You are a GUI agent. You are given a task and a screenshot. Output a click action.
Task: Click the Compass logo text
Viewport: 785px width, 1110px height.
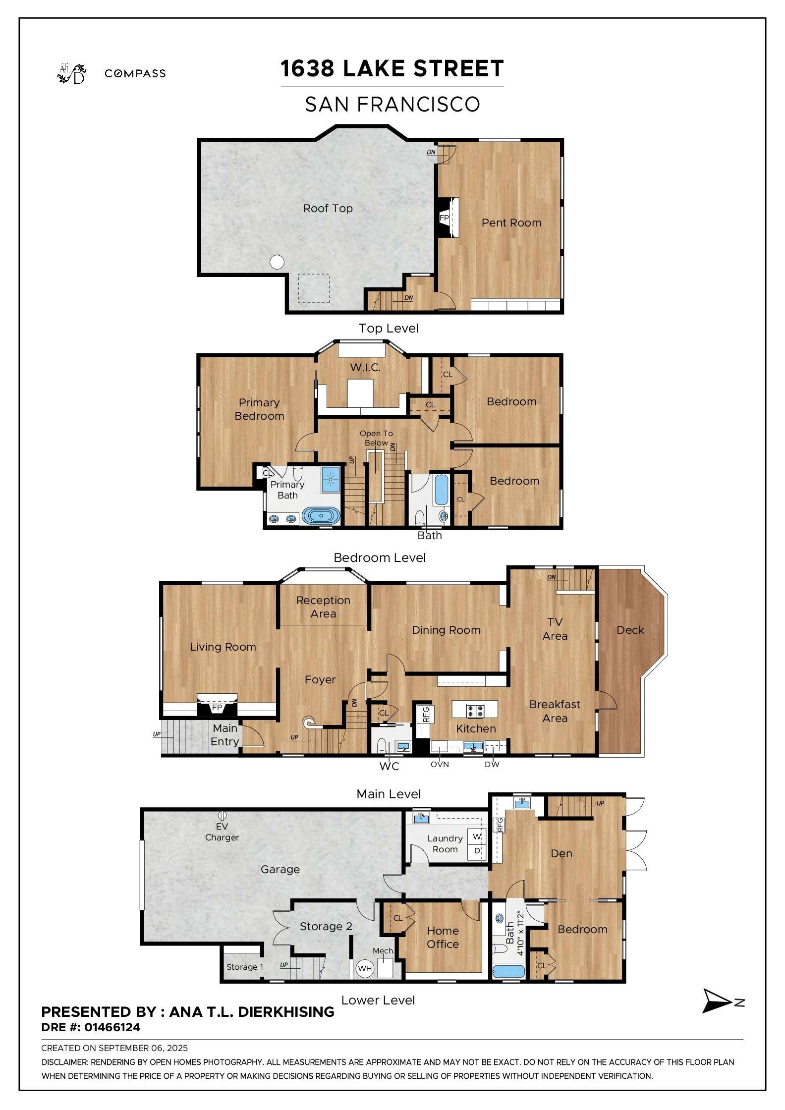[135, 73]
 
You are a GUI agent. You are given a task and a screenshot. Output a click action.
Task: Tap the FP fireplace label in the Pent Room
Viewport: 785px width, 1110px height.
[444, 218]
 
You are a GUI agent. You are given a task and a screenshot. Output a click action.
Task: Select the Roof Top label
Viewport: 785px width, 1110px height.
[328, 208]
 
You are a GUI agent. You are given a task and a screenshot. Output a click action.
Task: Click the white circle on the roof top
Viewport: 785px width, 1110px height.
[277, 262]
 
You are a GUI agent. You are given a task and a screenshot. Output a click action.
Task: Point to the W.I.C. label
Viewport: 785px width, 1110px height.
[365, 367]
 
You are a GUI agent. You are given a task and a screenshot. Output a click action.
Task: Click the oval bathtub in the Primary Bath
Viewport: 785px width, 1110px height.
[321, 515]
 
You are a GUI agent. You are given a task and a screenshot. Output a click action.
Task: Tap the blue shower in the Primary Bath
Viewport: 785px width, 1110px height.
[331, 479]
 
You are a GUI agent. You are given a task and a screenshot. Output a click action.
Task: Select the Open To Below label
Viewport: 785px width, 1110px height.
[376, 438]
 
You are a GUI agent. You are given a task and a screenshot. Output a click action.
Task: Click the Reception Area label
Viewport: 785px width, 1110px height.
[323, 607]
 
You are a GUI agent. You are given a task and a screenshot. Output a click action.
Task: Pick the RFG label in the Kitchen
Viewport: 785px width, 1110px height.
[425, 714]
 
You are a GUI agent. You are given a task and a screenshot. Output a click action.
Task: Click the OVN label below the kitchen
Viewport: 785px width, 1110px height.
[440, 765]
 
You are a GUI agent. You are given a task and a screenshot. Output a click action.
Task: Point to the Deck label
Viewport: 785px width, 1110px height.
[630, 630]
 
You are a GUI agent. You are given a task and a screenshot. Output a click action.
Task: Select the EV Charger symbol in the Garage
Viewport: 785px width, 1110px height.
[222, 815]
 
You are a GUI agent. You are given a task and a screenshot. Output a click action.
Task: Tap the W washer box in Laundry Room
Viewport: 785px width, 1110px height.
[477, 837]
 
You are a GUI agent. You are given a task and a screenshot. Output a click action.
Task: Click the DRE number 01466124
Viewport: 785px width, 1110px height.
[112, 1027]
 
